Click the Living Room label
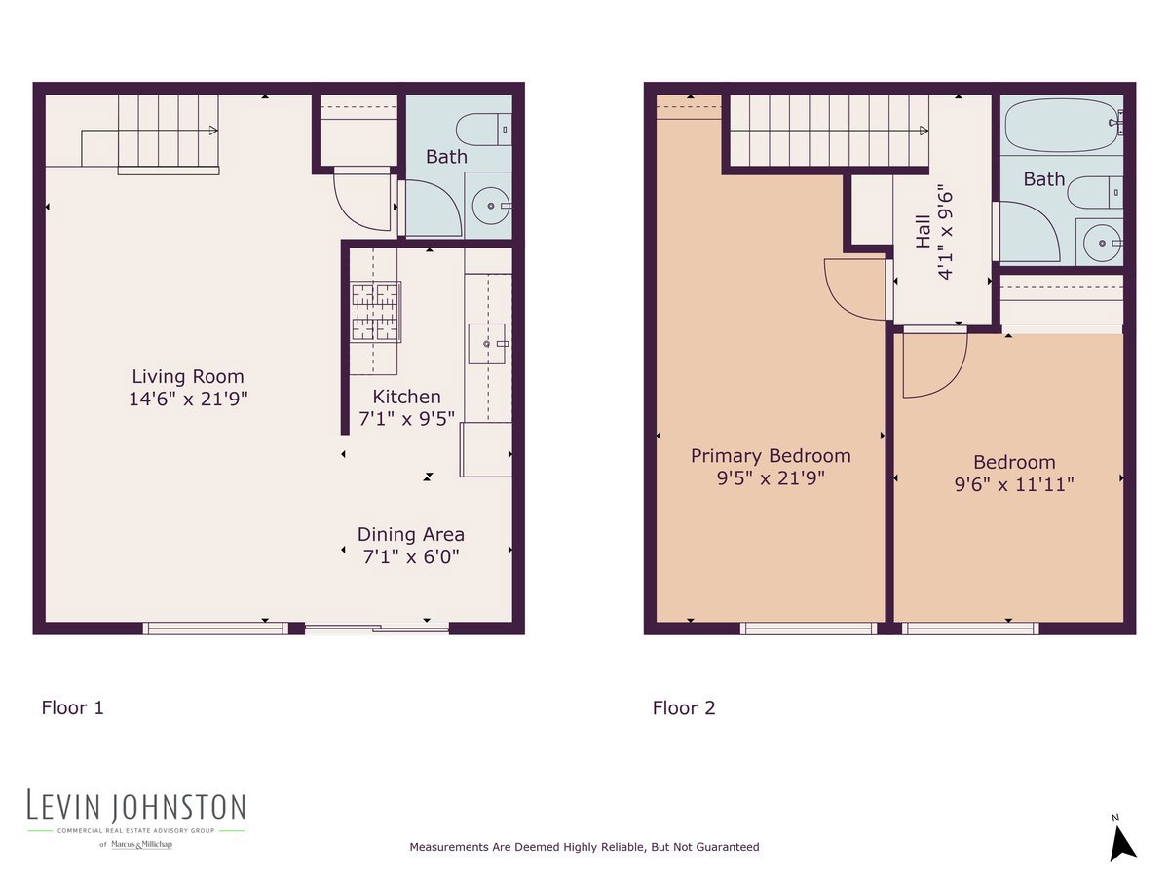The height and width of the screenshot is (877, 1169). [x=188, y=376]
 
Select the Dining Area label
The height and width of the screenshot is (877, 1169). [x=410, y=534]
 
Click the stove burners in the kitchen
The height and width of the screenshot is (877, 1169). [x=375, y=311]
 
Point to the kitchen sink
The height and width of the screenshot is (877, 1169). [x=487, y=343]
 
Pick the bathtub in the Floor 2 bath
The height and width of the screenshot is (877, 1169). [x=1062, y=125]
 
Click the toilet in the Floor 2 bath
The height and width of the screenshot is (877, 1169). [x=1095, y=192]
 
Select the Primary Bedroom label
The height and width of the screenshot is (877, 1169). [x=771, y=455]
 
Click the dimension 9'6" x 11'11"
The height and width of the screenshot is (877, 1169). [x=1014, y=483]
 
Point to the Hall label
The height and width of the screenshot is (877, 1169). [x=923, y=233]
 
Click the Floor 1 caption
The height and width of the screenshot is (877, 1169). [x=72, y=707]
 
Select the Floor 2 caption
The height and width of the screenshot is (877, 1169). [x=684, y=707]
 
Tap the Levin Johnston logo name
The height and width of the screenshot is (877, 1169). [x=136, y=806]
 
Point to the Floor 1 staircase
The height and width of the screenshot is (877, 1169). [x=166, y=133]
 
